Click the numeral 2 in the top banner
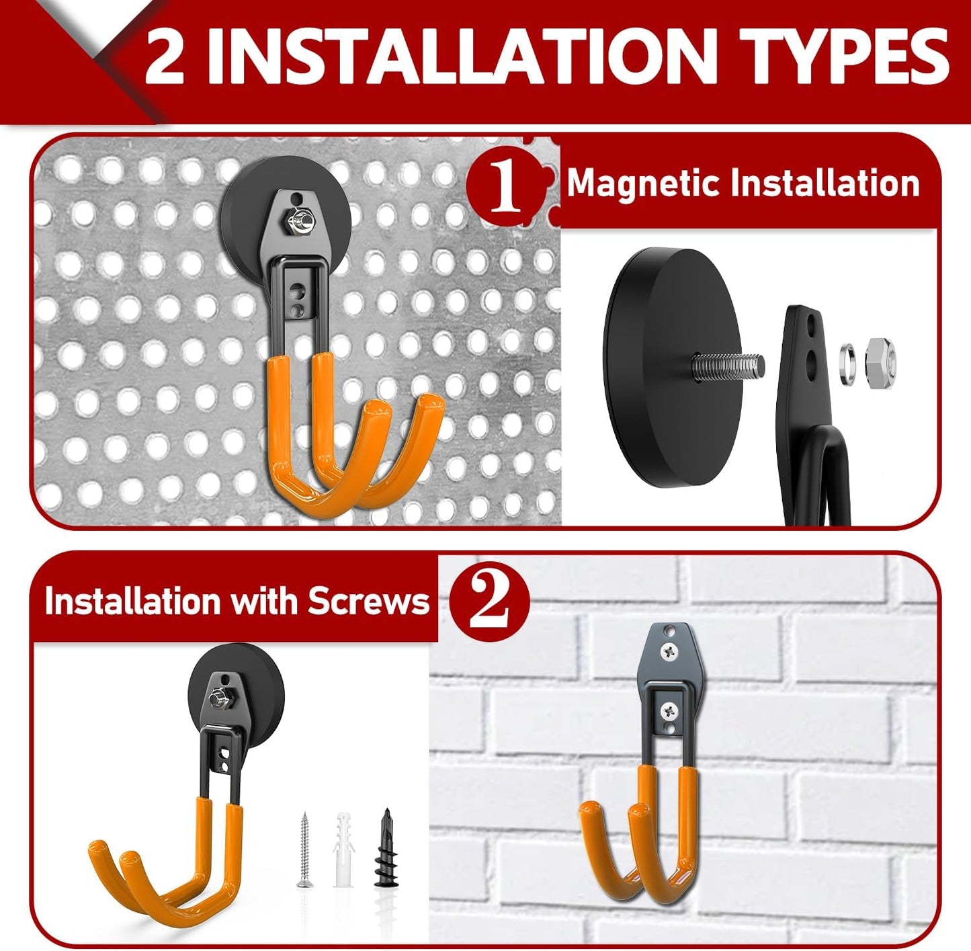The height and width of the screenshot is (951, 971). click(x=165, y=59)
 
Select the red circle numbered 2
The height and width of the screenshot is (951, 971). click(x=489, y=600)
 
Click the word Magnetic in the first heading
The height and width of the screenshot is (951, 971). click(x=642, y=183)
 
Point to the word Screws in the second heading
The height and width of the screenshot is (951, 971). click(x=368, y=600)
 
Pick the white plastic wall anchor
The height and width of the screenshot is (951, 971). click(x=343, y=850)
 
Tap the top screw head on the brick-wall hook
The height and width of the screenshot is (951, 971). click(x=670, y=650)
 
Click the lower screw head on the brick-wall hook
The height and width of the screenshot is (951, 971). click(x=669, y=708)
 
